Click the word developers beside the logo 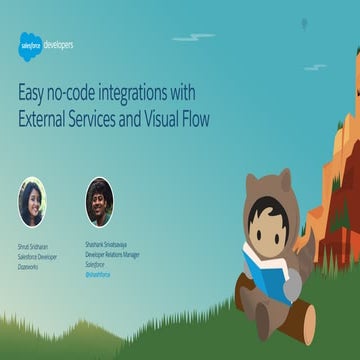tap(60, 44)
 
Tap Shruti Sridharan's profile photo tap(32, 202)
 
